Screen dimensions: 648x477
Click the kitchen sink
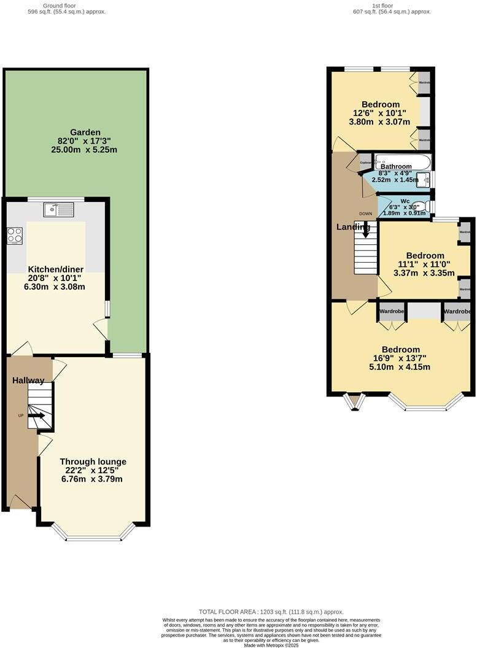[58, 210]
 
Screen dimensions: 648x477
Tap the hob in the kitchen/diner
[15, 235]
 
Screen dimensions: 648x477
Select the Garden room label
[85, 133]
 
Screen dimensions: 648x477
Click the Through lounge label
[93, 461]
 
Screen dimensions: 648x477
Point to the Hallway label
[28, 380]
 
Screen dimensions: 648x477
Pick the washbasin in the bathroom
[424, 180]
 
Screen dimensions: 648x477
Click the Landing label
[353, 227]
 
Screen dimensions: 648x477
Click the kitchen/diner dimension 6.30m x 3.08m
[55, 287]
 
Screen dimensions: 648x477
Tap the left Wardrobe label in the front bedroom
[391, 312]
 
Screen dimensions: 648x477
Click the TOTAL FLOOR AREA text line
[271, 612]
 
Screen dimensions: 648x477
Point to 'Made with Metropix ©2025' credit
[271, 645]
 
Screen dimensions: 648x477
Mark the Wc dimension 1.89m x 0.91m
[405, 213]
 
